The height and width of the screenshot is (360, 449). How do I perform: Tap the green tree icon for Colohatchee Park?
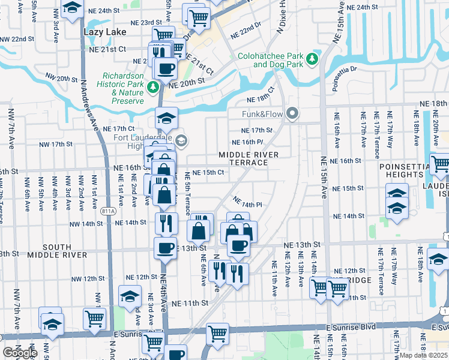tap(312, 59)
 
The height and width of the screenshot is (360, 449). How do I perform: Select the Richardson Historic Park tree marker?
tap(154, 88)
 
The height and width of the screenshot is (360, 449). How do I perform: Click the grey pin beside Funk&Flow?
tap(292, 113)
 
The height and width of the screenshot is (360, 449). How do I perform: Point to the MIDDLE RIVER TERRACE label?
tap(248, 159)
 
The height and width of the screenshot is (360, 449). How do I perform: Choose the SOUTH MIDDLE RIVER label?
tap(57, 251)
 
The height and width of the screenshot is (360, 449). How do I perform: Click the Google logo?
tap(20, 352)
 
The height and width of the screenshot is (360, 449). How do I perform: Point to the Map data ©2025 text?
tap(423, 355)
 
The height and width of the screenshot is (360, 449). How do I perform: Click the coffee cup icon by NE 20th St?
tap(166, 68)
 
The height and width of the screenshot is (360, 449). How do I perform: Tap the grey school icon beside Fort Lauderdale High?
tap(181, 141)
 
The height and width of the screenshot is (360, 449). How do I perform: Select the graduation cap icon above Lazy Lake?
tap(72, 9)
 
